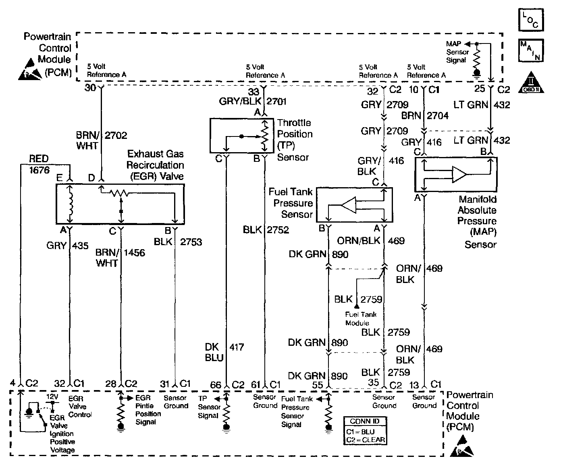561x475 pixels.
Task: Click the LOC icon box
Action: click(531, 19)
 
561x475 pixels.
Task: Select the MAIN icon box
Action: click(531, 50)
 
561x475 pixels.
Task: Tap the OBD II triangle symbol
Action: click(531, 82)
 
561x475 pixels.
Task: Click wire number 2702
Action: click(116, 135)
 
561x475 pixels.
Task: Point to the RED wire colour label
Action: click(39, 159)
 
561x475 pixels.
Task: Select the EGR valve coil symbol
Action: click(71, 203)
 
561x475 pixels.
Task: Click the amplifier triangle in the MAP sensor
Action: click(459, 174)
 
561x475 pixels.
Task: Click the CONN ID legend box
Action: click(365, 431)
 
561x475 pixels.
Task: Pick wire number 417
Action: click(237, 347)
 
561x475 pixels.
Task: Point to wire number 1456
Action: click(134, 253)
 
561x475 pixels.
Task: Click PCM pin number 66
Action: click(216, 385)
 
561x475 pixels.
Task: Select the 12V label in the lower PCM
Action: click(52, 397)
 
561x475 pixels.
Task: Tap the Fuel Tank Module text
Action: click(360, 318)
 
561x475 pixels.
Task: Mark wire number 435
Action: click(80, 245)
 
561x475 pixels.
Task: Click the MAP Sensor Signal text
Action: click(457, 52)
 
